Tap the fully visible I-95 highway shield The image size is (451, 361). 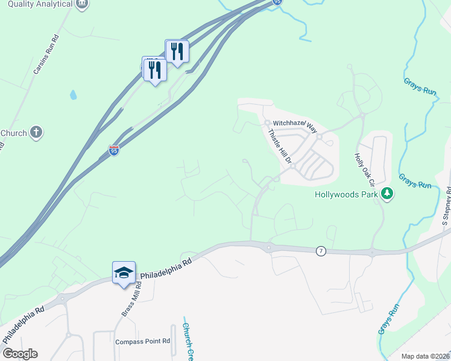pyautogui.click(x=115, y=150)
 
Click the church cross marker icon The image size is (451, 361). pyautogui.click(x=36, y=133)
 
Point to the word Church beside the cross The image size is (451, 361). pyautogui.click(x=13, y=133)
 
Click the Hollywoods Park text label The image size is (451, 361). pyautogui.click(x=346, y=194)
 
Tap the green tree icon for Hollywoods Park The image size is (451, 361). pyautogui.click(x=386, y=194)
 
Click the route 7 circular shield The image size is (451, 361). pyautogui.click(x=321, y=251)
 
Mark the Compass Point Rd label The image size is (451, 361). pyautogui.click(x=143, y=341)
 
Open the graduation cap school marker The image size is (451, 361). pyautogui.click(x=124, y=273)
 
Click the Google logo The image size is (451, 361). pyautogui.click(x=19, y=354)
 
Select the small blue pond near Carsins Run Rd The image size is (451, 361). pyautogui.click(x=73, y=95)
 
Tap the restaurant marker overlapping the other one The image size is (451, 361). pyautogui.click(x=155, y=70)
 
